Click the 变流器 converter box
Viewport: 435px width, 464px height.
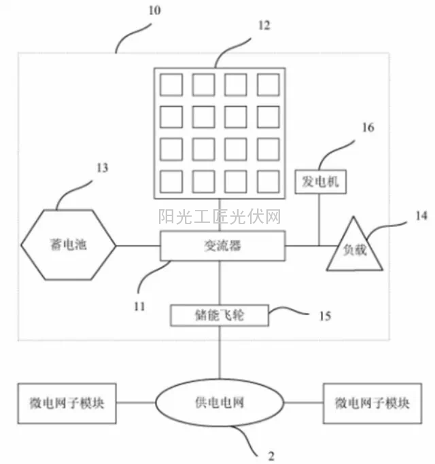[x=222, y=246]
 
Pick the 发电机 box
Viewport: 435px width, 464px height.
[x=321, y=182]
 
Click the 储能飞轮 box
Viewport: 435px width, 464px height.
[x=220, y=315]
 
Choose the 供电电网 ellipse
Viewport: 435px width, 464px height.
[x=219, y=403]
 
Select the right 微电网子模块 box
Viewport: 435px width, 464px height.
[x=371, y=403]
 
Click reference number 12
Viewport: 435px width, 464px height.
[x=264, y=26]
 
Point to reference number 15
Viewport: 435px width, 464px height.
[x=326, y=316]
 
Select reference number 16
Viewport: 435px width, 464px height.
[x=368, y=127]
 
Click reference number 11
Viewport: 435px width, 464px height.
[x=139, y=306]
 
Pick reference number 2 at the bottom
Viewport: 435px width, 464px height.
[x=271, y=453]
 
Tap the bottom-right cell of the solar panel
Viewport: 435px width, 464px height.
[x=268, y=181]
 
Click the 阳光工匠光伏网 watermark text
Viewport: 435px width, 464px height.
[x=220, y=217]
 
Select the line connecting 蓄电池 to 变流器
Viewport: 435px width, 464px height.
[x=139, y=246]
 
